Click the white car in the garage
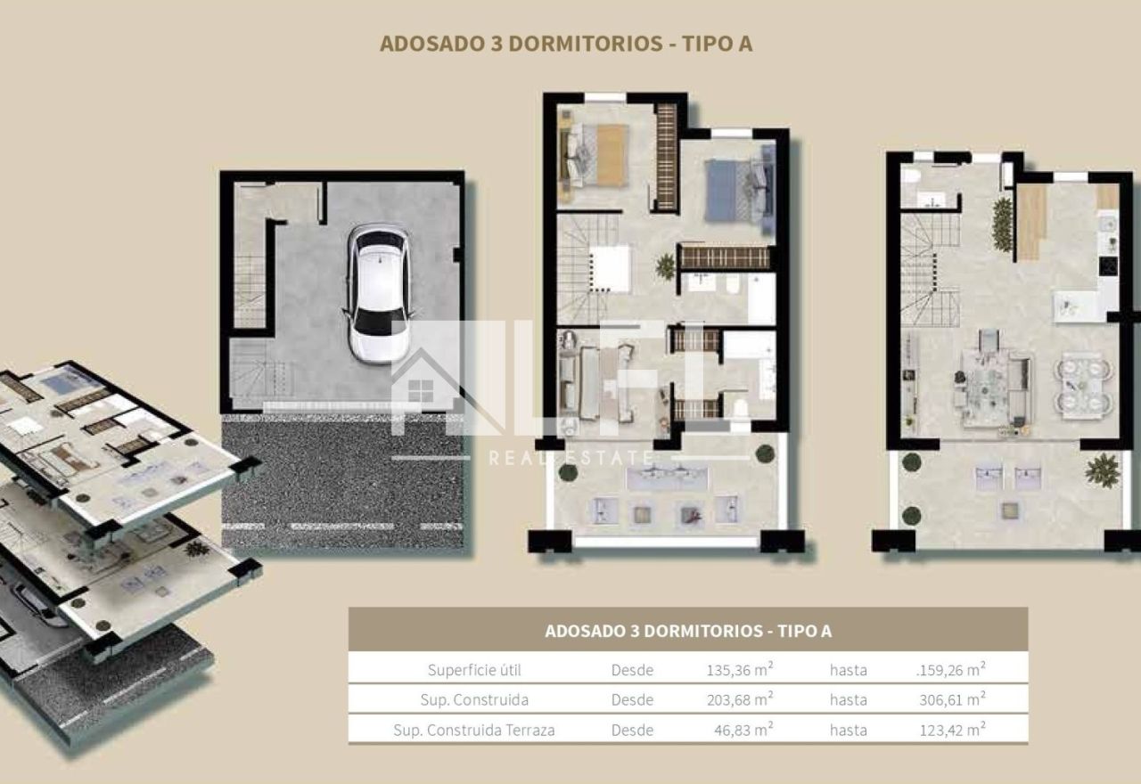378,293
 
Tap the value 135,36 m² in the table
740,669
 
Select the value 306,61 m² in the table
952,699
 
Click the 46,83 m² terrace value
743,730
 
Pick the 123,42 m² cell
952,730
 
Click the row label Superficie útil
474,670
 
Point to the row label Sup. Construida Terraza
473,730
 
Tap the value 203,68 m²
740,699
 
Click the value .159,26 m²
950,669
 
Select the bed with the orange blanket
595,155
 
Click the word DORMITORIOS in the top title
586,44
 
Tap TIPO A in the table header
804,631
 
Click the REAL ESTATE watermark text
571,458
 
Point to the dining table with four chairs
1083,387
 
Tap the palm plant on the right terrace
1103,470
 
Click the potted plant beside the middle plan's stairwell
665,265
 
